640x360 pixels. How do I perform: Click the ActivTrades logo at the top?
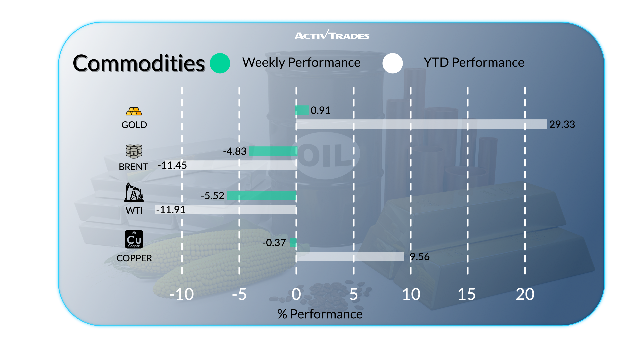(332, 35)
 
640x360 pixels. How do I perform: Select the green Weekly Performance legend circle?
(220, 63)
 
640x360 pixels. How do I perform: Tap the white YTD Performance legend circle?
(393, 63)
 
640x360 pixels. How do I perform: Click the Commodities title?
(139, 63)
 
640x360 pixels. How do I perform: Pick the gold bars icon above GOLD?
(134, 111)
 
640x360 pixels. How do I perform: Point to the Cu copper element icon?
(134, 239)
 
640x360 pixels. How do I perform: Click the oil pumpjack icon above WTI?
(134, 192)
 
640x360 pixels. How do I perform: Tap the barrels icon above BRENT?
(134, 151)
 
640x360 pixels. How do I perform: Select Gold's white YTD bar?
(421, 124)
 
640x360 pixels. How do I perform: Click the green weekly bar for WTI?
(262, 195)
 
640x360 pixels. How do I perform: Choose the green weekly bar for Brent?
(273, 151)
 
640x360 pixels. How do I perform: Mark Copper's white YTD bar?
(350, 256)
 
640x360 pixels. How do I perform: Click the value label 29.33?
(562, 124)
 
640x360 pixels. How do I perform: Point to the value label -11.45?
(172, 165)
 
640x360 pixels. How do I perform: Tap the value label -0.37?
(274, 243)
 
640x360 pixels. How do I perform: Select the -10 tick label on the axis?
(181, 294)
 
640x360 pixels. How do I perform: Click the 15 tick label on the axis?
(467, 294)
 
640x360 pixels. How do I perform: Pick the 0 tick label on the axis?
(296, 294)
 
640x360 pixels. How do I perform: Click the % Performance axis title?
(320, 314)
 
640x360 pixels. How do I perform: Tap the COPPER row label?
(134, 258)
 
